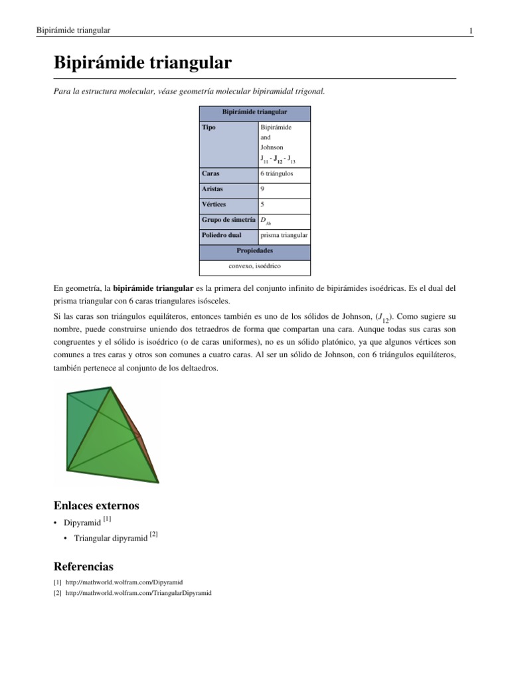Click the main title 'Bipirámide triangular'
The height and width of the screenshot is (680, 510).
[x=143, y=63]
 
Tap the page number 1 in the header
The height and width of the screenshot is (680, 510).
[x=471, y=31]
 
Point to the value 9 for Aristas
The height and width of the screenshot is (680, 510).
[x=263, y=189]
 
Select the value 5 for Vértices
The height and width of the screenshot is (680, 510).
[x=263, y=205]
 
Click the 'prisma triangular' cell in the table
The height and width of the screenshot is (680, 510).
[x=284, y=235]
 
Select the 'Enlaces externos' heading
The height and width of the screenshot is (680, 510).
[x=96, y=506]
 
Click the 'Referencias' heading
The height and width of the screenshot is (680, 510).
[x=83, y=566]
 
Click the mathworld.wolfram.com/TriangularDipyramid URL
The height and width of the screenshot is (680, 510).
[x=138, y=592]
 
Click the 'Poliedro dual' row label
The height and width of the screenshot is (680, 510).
[x=221, y=235]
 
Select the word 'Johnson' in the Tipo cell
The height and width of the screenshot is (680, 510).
[x=272, y=147]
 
